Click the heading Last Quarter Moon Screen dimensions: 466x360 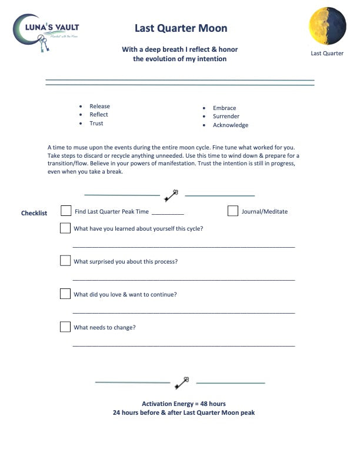click(181, 28)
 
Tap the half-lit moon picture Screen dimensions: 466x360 click(326, 26)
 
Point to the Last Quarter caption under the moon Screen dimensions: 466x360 click(326, 54)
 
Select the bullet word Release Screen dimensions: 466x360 click(99, 106)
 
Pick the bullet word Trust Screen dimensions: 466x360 click(96, 124)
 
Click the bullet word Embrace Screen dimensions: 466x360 click(224, 108)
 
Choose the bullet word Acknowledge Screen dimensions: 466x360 click(230, 125)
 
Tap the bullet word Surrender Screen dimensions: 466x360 click(226, 116)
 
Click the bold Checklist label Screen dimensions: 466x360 click(34, 213)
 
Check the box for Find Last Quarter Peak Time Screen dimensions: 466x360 click(66, 211)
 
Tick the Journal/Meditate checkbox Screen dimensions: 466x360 click(233, 211)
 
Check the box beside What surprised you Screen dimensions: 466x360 click(65, 261)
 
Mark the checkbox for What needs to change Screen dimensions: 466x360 click(65, 327)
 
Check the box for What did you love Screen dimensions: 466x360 click(65, 294)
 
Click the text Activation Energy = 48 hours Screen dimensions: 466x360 click(184, 404)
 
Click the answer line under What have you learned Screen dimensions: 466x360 click(184, 247)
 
